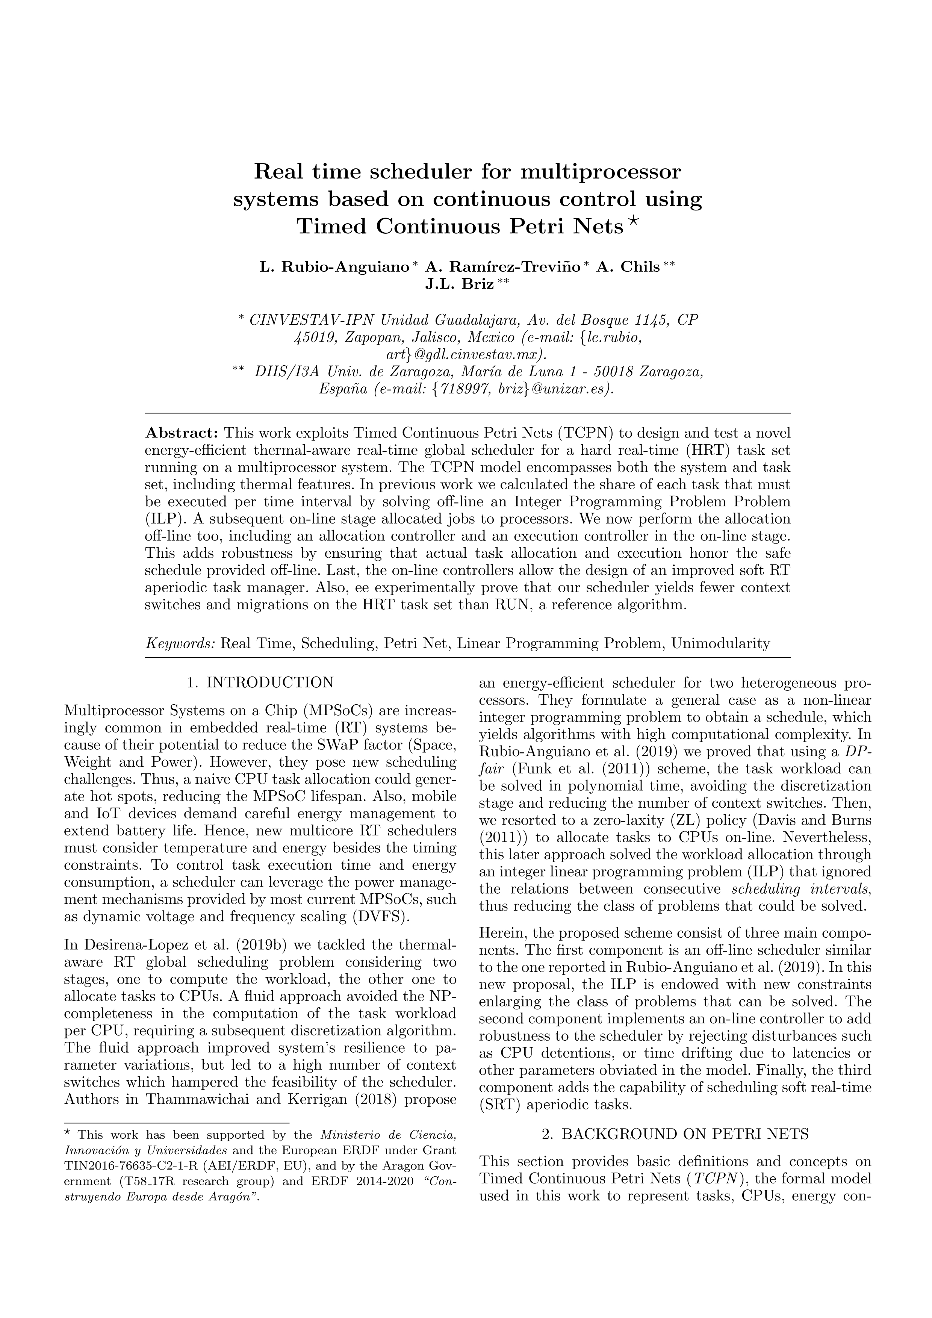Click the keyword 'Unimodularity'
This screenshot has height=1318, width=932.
pyautogui.click(x=720, y=643)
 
